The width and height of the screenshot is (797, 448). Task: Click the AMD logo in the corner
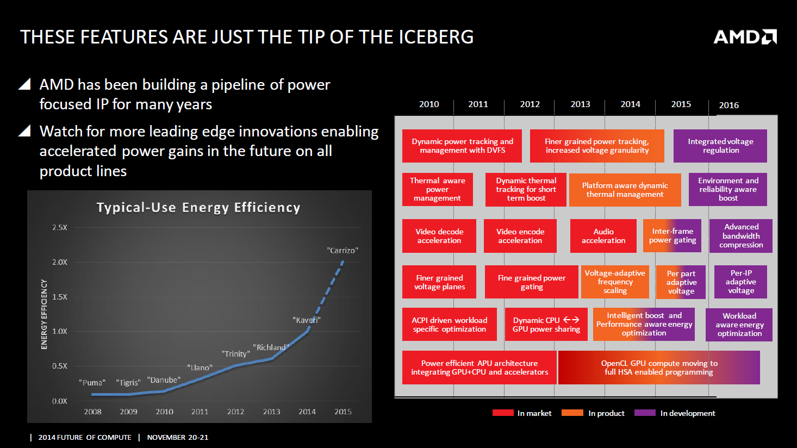[745, 37]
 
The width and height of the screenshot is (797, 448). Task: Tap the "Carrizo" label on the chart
[343, 251]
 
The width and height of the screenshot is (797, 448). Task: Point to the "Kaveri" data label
[307, 320]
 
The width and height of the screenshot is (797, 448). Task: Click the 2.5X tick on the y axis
[60, 227]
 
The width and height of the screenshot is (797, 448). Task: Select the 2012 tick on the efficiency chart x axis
[235, 412]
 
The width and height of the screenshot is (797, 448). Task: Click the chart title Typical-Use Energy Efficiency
[198, 208]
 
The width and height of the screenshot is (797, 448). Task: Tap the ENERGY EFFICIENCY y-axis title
[44, 314]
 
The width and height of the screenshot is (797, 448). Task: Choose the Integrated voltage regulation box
[720, 146]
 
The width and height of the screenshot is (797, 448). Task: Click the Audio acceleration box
[603, 236]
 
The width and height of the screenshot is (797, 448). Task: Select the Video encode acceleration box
[520, 236]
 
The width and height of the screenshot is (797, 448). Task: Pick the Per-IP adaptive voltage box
[741, 282]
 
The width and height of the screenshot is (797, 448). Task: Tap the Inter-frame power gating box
[673, 235]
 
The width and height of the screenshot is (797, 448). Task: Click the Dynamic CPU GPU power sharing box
[546, 325]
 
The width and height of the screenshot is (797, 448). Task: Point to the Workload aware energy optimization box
[739, 325]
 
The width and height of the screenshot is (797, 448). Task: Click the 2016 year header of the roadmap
[729, 105]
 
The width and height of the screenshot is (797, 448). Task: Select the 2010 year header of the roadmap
[429, 104]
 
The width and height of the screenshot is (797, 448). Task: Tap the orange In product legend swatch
[572, 413]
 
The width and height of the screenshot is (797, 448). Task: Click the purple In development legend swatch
[645, 413]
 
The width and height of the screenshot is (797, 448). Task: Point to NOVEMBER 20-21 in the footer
[178, 437]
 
